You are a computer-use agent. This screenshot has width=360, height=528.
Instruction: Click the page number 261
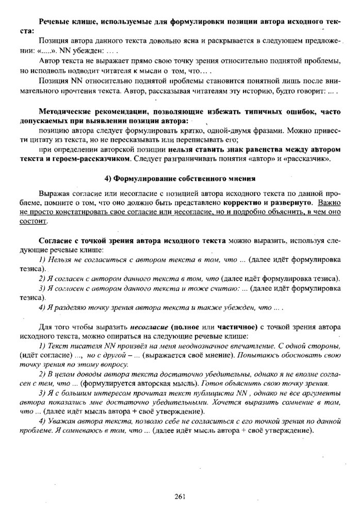pyautogui.click(x=180, y=496)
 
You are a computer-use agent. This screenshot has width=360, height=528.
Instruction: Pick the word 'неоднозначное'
pyautogui.click(x=190, y=346)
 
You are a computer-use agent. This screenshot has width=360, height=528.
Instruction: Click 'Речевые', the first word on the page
pyautogui.click(x=55, y=23)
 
